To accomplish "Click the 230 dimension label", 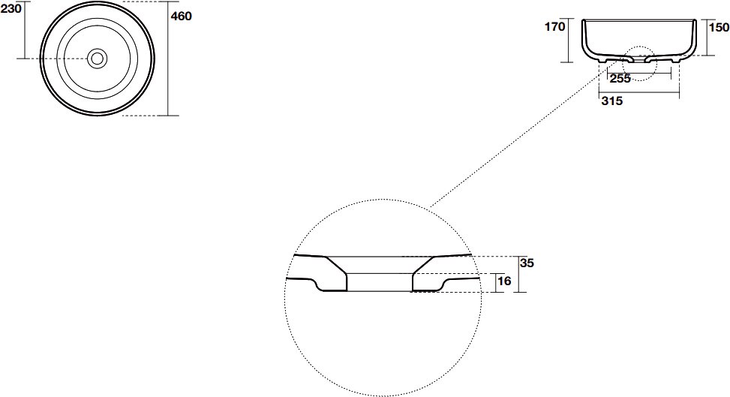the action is (11, 9).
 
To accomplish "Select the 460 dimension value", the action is (181, 17).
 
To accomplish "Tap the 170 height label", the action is (555, 26).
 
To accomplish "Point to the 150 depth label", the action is (719, 28).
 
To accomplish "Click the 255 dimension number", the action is (620, 79).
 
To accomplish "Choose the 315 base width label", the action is (611, 101).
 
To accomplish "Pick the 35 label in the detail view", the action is (527, 263).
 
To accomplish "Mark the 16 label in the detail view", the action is (504, 281).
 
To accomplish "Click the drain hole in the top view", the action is (98, 59).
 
